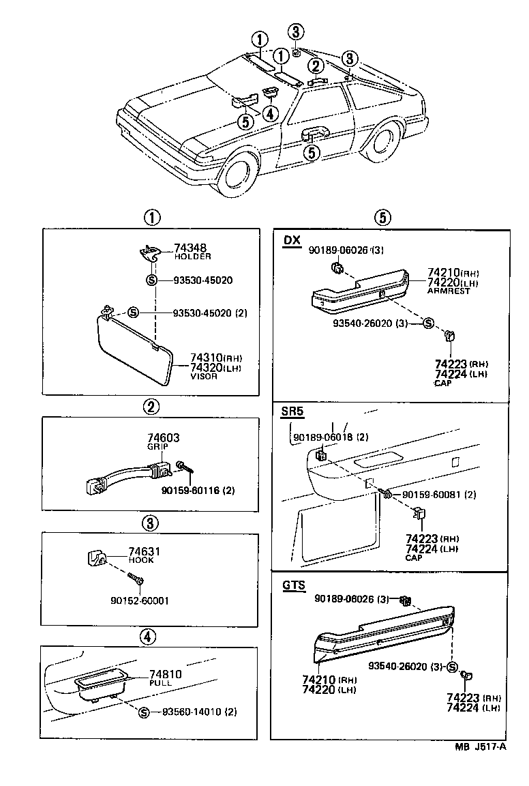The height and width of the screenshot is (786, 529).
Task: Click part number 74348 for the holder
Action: (190, 248)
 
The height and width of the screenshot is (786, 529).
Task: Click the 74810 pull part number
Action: (166, 673)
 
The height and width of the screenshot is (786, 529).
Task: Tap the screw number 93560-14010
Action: (192, 712)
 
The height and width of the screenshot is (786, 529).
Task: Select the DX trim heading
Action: (291, 241)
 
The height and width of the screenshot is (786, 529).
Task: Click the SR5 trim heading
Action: (293, 411)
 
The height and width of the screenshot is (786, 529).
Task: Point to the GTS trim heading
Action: (293, 585)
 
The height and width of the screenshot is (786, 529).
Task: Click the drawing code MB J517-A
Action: (481, 746)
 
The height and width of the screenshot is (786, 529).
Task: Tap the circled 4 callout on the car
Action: (271, 115)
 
